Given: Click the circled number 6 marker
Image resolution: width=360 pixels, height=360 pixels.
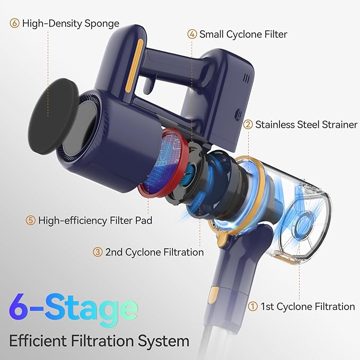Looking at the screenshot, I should tap(14, 24).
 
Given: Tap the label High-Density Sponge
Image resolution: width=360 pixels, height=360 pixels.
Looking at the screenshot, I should tap(71, 24).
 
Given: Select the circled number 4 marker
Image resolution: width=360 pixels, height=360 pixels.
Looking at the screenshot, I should tap(192, 34).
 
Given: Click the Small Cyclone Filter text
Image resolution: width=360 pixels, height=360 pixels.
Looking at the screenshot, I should tap(243, 34).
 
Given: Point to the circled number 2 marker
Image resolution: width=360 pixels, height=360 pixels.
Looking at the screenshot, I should tap(248, 125).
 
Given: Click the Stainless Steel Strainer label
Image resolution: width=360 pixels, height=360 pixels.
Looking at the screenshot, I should tap(306, 125).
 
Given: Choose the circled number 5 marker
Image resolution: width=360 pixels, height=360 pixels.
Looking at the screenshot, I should tap(31, 220).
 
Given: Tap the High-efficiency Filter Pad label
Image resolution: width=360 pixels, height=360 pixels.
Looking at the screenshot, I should tap(95, 220).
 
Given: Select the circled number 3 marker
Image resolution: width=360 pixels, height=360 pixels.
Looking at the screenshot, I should tap(98, 252).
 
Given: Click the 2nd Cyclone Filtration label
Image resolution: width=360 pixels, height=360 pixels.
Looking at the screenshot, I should tap(154, 252).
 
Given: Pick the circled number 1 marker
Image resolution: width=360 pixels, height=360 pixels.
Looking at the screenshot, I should tap(253, 306).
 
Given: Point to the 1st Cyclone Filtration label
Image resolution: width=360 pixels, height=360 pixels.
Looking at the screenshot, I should tap(308, 306).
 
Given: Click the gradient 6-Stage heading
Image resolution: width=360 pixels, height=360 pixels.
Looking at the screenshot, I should tap(73, 308).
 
